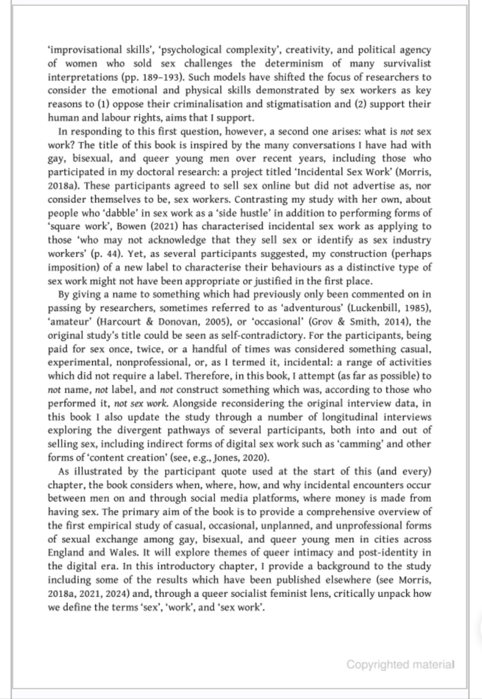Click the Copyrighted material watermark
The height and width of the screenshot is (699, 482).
[400, 664]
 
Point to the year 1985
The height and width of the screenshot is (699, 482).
[417, 308]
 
